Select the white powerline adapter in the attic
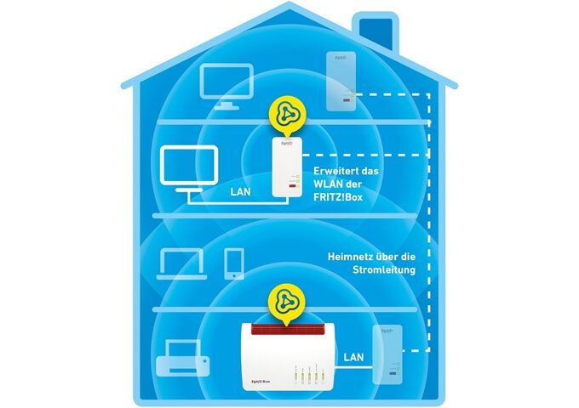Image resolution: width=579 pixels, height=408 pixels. (x=341, y=82)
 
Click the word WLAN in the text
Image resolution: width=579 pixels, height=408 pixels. (x=332, y=190)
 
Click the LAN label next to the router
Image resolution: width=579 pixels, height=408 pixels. (x=356, y=358)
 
